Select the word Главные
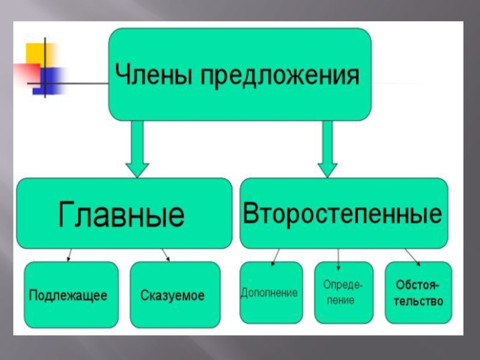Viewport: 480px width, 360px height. point(122,214)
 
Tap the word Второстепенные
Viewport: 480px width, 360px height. point(344,214)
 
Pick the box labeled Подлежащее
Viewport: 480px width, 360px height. point(68,295)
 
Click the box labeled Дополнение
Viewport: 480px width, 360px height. point(269,293)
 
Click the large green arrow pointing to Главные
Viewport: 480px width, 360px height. point(137,149)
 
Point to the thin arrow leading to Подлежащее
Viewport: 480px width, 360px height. point(70,254)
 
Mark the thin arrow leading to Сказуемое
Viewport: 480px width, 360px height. point(165,254)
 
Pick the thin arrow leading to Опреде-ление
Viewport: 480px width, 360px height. point(338,256)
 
